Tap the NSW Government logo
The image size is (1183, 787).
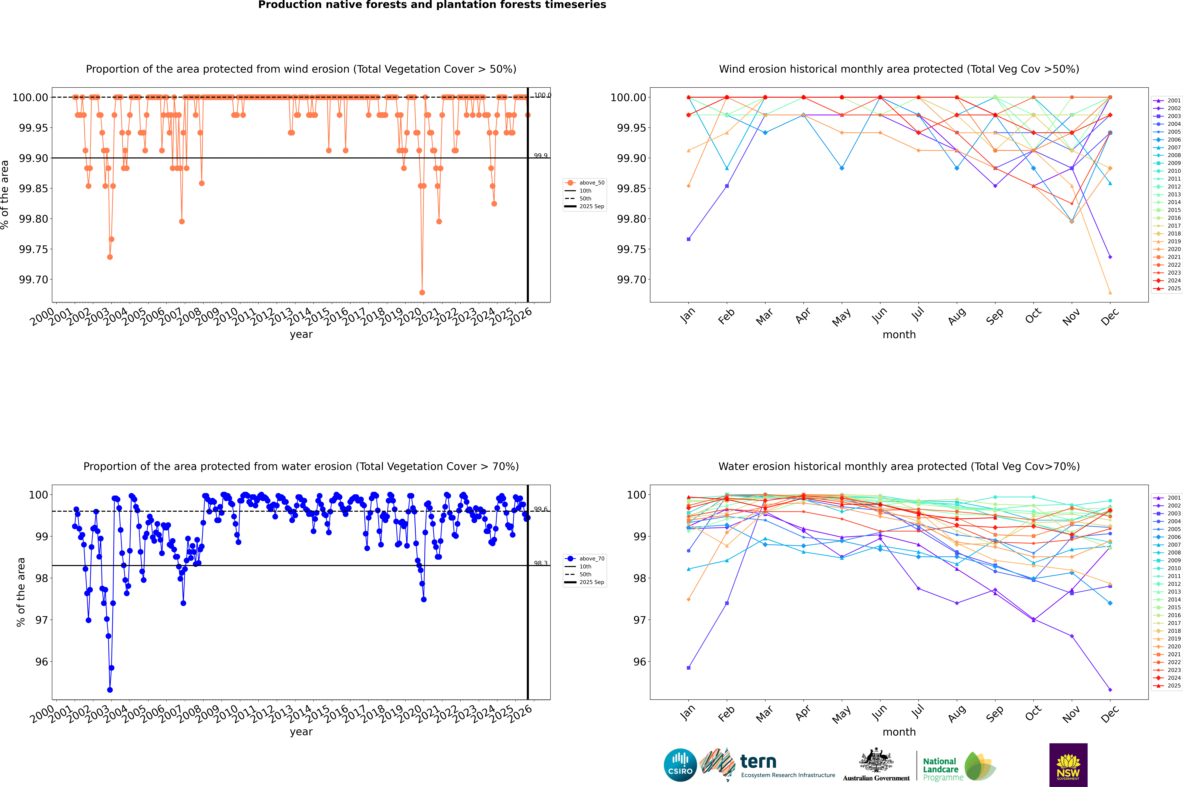point(1068,765)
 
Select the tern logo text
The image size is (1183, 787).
point(758,762)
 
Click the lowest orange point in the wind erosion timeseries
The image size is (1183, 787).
point(422,292)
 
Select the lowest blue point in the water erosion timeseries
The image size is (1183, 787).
point(110,690)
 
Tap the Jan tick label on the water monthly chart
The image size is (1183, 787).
point(688,713)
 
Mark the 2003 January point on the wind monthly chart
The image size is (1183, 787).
point(689,239)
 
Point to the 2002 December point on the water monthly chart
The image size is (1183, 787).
point(1110,690)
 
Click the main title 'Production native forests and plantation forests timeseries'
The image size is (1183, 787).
point(432,5)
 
